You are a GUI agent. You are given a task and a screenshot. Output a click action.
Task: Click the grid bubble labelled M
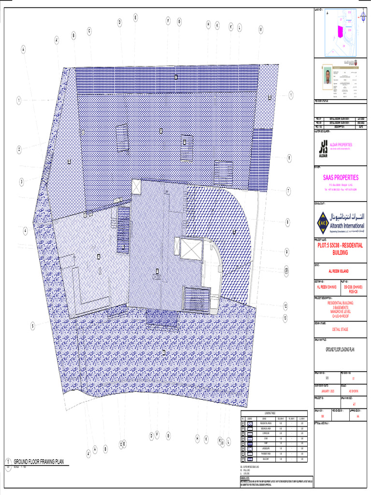click(260, 29)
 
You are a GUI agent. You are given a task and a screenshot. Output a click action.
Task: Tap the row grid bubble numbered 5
click(33, 326)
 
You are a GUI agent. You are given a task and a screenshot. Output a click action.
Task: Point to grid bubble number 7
click(288, 191)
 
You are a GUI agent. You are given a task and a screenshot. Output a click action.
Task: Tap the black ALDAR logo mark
click(323, 148)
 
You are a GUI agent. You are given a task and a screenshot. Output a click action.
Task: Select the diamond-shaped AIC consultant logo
click(322, 222)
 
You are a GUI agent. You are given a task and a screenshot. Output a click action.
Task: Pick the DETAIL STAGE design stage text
click(340, 329)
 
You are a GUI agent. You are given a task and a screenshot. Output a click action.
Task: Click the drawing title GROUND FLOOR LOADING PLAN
click(341, 349)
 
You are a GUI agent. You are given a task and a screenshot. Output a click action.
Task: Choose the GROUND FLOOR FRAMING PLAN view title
click(38, 462)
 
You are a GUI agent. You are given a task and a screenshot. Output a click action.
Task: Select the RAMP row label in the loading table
click(264, 442)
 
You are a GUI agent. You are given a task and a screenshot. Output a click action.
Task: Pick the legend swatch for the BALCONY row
click(250, 459)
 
